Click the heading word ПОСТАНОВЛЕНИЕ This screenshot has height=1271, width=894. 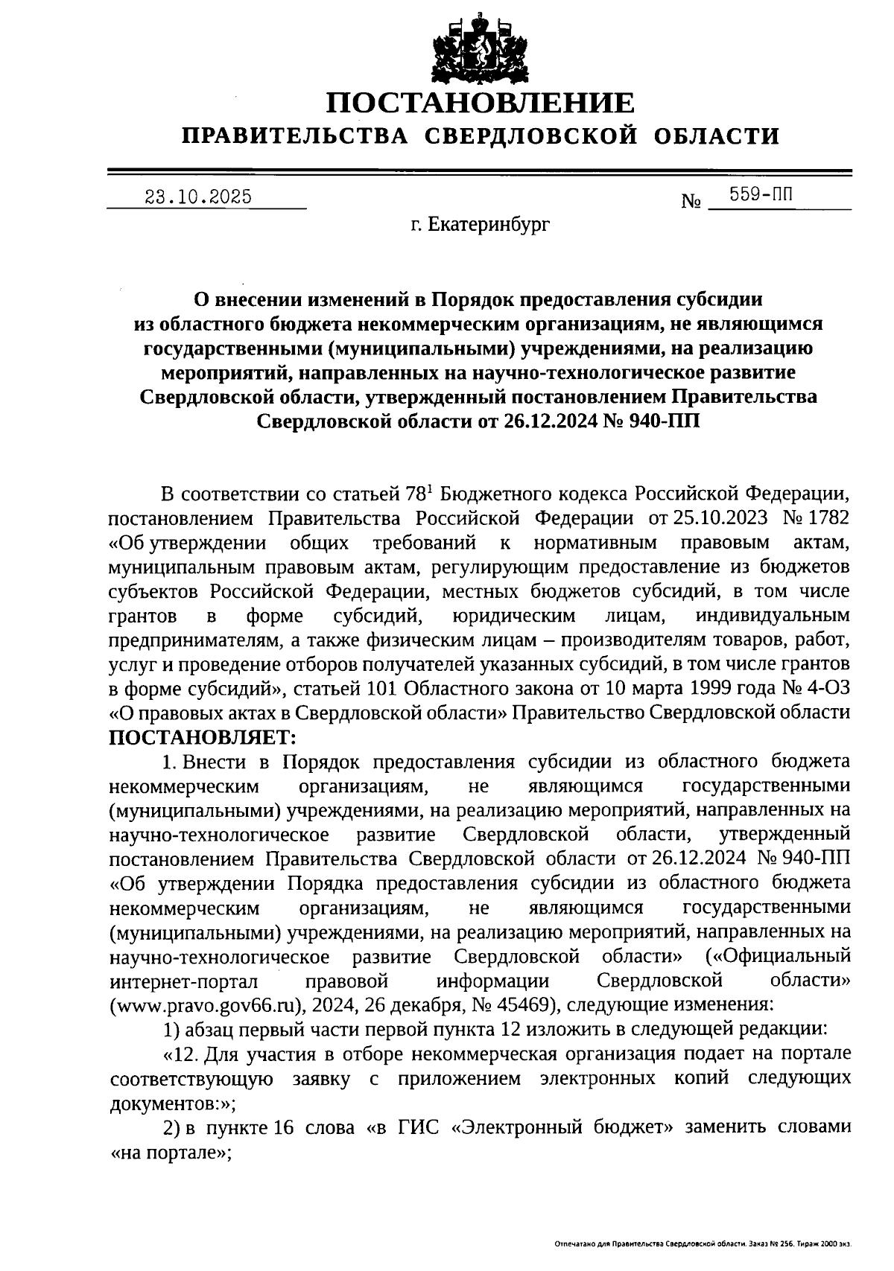[x=481, y=103]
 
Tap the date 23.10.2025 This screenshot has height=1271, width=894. [x=198, y=197]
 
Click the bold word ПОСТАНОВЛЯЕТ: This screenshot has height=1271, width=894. [x=203, y=736]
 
